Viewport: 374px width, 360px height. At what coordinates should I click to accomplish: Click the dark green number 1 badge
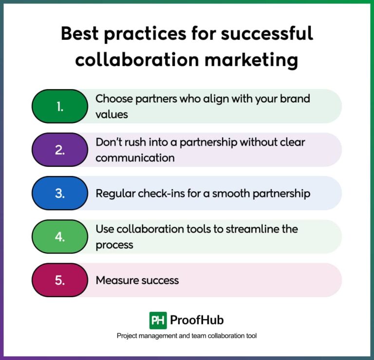tap(59, 106)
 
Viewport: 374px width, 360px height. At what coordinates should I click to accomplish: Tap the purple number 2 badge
tap(59, 150)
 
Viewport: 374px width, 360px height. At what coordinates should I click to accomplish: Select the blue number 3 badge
tap(59, 193)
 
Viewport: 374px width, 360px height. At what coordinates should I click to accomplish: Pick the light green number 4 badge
tap(59, 237)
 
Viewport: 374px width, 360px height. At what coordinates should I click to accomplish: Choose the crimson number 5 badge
tap(59, 280)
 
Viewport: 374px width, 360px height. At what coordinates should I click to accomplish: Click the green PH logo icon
tap(158, 320)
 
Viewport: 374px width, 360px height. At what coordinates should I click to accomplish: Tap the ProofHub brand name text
tap(197, 320)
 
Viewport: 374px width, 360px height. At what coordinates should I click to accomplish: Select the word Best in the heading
tap(79, 34)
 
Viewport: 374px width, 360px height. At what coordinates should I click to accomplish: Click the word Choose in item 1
tap(112, 99)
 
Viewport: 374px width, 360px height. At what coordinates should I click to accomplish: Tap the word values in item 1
tap(112, 114)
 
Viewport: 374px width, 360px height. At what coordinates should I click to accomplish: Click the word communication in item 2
tap(135, 158)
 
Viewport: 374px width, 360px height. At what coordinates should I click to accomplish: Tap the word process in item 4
tap(114, 245)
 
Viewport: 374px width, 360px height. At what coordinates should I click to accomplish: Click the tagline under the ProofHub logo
tap(187, 336)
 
